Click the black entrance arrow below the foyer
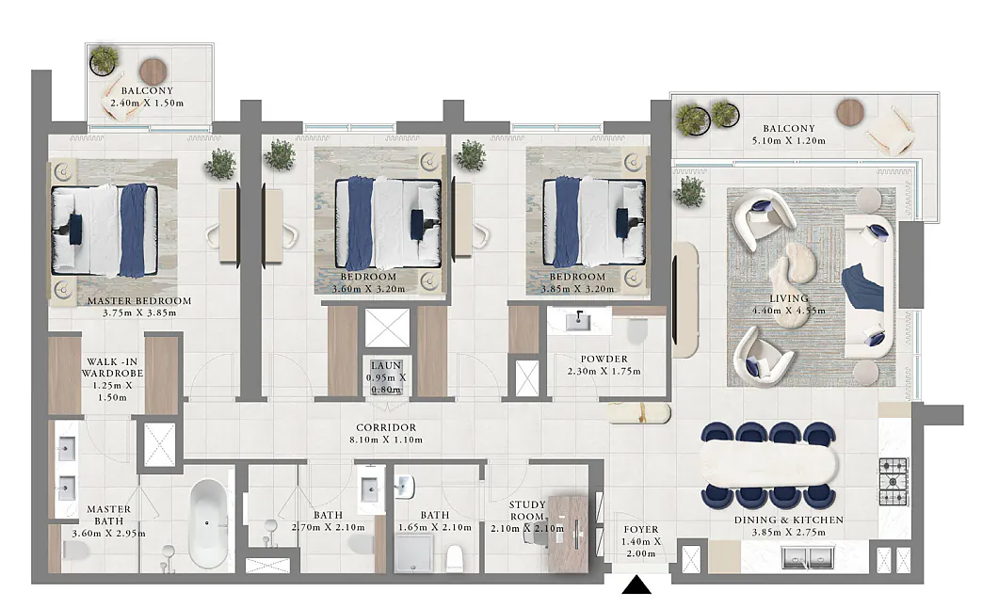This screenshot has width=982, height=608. point(636,584)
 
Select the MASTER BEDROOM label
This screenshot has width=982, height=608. point(139,300)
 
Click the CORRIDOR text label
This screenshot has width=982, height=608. point(386,427)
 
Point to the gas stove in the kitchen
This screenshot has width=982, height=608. point(893,482)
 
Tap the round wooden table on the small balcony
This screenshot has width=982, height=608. point(153,72)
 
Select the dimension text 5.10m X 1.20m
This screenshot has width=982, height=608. point(788,141)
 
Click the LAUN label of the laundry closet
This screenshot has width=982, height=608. point(386,365)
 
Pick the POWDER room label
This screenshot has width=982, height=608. point(604,359)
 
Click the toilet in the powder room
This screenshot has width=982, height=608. point(636,330)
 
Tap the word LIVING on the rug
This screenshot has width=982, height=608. point(788,298)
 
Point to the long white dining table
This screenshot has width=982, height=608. point(768,464)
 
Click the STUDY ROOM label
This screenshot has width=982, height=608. point(526,510)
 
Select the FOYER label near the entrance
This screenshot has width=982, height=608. point(640,529)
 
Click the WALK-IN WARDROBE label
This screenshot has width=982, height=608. point(112,367)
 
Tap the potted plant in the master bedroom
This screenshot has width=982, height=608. point(219,164)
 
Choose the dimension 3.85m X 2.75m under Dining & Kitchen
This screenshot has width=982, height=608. point(788,532)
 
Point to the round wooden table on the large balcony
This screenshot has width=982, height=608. point(850,113)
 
